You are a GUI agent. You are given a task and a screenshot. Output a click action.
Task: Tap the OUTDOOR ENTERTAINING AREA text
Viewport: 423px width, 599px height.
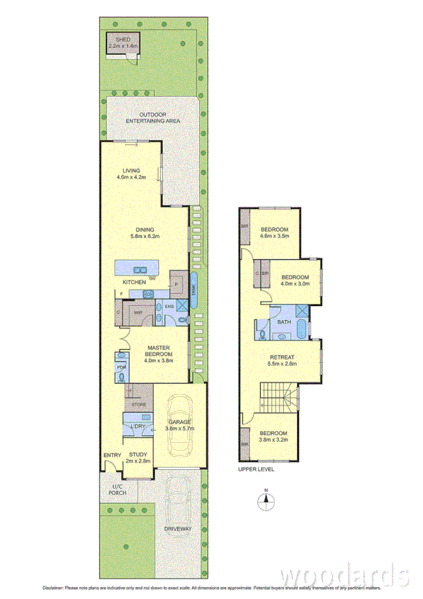(153, 117)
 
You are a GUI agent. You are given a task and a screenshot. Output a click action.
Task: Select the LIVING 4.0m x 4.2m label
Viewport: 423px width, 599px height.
(132, 174)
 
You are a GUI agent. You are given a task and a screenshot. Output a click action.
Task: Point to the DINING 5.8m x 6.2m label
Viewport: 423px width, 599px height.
(145, 233)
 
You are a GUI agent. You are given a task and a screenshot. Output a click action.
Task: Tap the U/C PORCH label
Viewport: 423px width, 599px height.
(117, 490)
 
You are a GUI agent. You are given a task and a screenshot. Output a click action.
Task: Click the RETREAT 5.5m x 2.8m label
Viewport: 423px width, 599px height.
(282, 361)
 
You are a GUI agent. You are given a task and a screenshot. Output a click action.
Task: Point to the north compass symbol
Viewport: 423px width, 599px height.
(266, 501)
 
